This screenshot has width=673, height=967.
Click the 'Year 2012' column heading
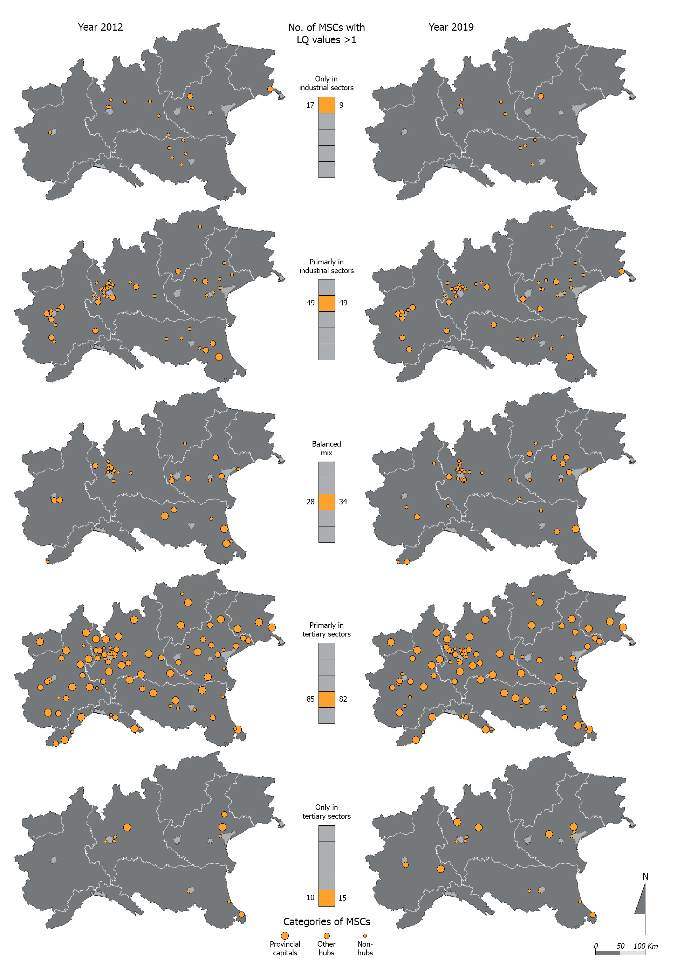pos(100,27)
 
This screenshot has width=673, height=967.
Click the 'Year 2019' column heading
pos(451,27)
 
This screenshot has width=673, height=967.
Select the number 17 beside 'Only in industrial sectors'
pos(310,105)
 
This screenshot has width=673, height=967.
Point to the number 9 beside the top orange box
pos(341,105)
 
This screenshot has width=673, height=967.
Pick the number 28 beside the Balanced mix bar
pos(310,502)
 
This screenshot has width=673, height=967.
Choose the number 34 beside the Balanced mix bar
pos(343,502)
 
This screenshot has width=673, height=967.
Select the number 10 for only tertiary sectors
pos(310,898)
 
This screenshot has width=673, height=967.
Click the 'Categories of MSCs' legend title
pos(327,922)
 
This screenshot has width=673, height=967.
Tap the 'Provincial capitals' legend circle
pos(285,935)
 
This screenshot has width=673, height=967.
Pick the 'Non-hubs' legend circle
pos(365,935)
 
